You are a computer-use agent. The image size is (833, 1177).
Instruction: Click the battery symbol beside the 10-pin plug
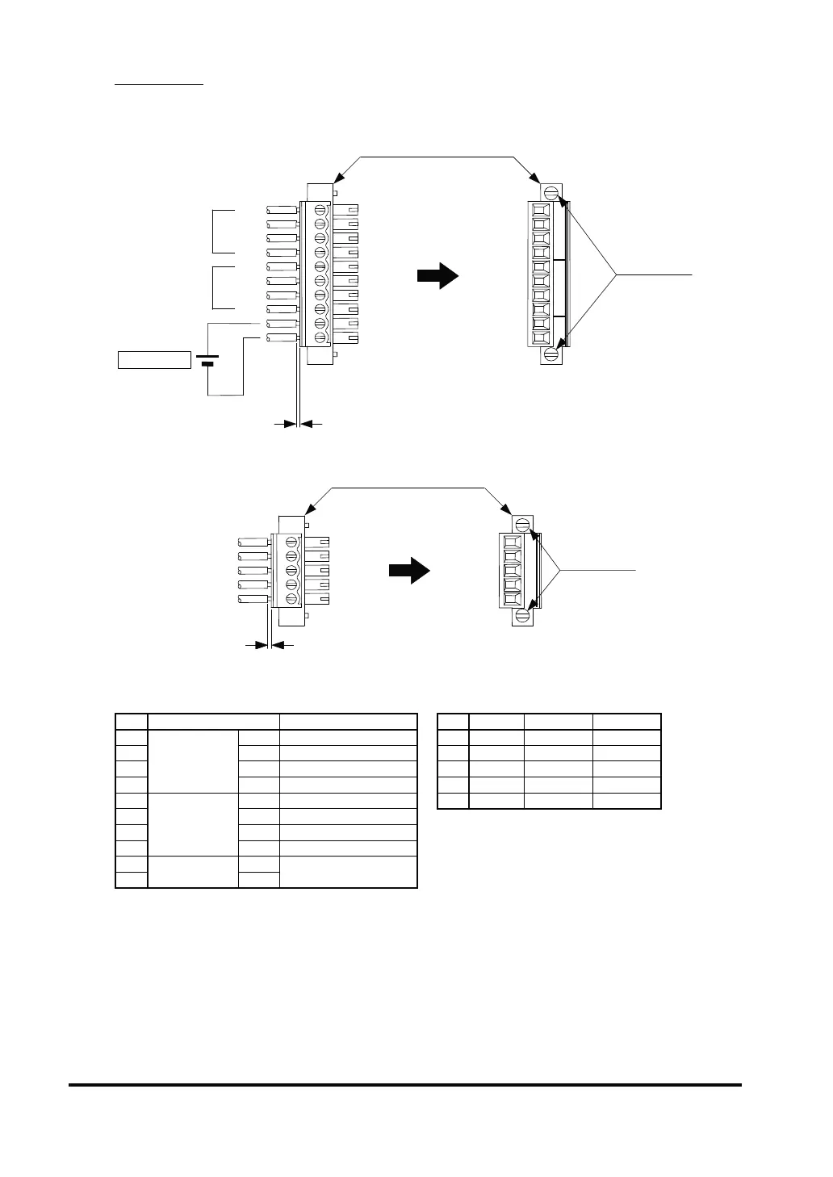click(x=207, y=359)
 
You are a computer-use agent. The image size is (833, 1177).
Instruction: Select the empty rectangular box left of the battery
click(x=154, y=359)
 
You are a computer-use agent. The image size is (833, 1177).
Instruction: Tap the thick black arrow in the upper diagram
click(x=437, y=275)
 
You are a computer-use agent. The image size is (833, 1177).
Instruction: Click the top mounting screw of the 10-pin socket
click(x=552, y=193)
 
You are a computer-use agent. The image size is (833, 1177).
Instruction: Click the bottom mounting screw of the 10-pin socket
click(x=552, y=354)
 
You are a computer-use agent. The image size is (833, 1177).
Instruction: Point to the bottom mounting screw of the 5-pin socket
click(x=522, y=616)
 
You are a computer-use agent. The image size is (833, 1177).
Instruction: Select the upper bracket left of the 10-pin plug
click(x=222, y=231)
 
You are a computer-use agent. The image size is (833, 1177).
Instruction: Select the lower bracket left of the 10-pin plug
click(x=222, y=287)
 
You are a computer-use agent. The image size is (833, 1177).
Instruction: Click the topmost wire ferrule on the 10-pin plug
click(x=280, y=210)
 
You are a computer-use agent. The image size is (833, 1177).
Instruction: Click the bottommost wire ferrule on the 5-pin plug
click(x=253, y=600)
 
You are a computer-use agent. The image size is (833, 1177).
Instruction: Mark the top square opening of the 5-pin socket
click(x=510, y=542)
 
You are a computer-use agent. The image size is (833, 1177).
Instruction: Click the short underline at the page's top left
click(x=159, y=83)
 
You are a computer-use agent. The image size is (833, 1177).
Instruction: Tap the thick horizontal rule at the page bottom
click(x=404, y=1085)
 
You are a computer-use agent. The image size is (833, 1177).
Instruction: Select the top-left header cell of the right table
click(x=453, y=722)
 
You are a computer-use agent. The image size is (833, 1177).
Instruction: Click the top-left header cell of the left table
click(x=132, y=722)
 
